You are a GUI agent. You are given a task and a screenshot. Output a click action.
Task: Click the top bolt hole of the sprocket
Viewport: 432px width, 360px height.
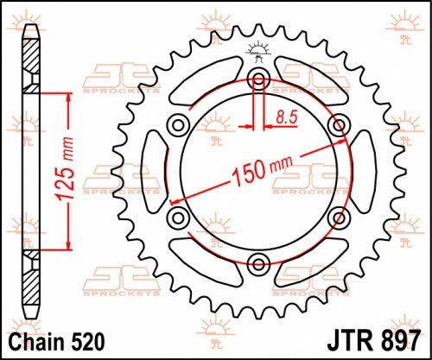[x=258, y=80]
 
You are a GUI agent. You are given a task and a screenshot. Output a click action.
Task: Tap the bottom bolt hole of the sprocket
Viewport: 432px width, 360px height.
[x=258, y=262]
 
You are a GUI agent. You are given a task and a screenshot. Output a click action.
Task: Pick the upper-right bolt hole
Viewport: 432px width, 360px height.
[x=337, y=126]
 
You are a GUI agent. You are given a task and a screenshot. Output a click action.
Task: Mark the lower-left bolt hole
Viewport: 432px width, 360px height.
[x=179, y=217]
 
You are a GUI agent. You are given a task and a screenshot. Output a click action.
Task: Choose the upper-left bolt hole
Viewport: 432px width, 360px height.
[x=179, y=126]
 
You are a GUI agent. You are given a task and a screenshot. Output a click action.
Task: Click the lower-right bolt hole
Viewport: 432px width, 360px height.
[x=337, y=217]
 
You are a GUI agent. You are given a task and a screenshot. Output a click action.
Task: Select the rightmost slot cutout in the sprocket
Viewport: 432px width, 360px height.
[x=358, y=172]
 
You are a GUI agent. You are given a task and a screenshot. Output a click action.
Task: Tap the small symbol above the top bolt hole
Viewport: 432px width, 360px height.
[x=258, y=49]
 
